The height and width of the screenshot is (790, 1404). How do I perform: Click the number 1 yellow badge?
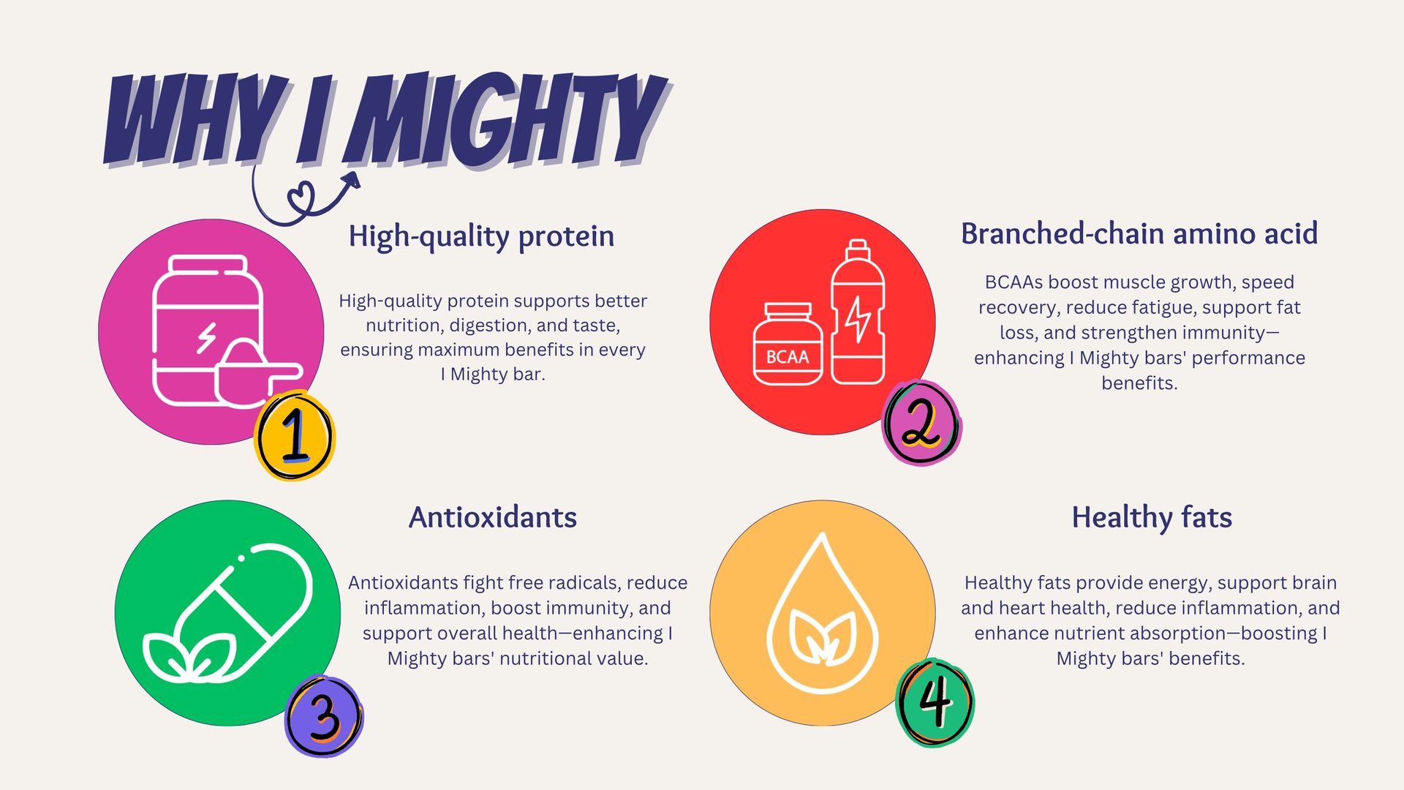pos(294,435)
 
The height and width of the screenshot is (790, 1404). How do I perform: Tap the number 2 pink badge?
pos(921,423)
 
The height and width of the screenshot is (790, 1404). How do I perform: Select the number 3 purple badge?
pos(324,715)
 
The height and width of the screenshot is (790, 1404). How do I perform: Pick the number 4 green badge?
pos(935,702)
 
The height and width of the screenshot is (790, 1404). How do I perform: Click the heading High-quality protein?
pos(481,236)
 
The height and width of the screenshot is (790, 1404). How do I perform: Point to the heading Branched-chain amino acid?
pos(1139,234)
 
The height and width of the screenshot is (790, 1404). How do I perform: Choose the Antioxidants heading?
pos(493,517)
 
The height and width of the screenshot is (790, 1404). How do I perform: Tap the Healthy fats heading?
pos(1152,517)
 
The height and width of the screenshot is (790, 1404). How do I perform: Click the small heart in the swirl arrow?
pos(301,196)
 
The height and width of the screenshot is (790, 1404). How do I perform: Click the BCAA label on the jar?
pos(788,357)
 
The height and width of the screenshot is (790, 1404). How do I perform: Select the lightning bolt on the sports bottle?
pos(858,319)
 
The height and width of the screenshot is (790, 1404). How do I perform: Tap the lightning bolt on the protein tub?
pos(207,338)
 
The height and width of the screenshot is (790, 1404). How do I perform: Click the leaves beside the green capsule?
pos(190,656)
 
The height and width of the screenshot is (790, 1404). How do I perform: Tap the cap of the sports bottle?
pos(858,250)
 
